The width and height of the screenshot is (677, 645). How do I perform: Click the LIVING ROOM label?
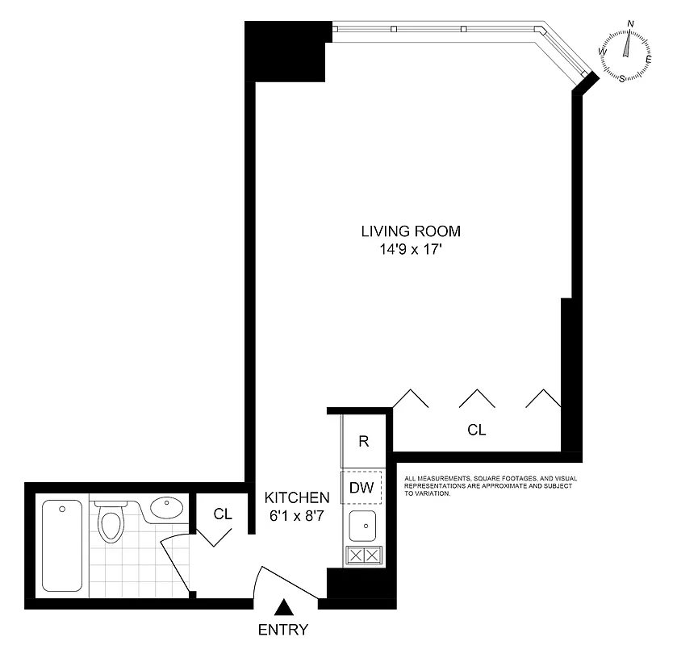[410, 231]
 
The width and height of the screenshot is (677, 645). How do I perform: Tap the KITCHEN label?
[298, 497]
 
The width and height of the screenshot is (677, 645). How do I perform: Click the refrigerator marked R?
[364, 441]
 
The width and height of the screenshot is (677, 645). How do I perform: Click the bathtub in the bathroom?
[61, 545]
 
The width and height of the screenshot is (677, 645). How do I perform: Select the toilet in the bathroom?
[110, 523]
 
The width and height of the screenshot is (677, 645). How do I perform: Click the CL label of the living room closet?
[477, 431]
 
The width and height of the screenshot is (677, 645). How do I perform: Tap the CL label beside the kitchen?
[224, 514]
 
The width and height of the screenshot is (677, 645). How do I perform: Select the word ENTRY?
[283, 630]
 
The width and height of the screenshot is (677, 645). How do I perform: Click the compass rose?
[625, 55]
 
